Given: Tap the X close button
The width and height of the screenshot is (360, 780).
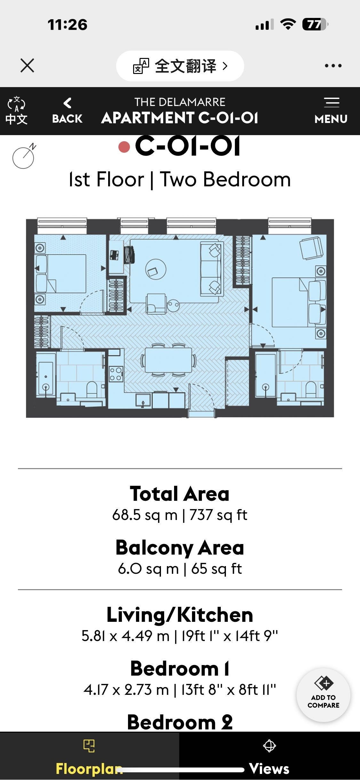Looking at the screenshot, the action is click(x=27, y=65).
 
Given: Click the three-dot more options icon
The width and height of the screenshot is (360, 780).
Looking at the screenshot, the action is click(x=333, y=66).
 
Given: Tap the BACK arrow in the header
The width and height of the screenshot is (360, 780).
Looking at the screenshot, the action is click(x=67, y=103).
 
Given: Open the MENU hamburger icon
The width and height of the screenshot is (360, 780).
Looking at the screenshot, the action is click(x=332, y=102).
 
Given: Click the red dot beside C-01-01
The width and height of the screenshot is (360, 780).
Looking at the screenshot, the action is click(x=124, y=147).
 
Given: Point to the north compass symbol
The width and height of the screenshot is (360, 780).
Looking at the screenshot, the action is click(x=24, y=156).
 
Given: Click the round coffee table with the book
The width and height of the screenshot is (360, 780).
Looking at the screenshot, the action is click(x=156, y=269).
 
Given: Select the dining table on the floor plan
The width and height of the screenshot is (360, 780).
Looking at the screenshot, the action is click(x=168, y=360).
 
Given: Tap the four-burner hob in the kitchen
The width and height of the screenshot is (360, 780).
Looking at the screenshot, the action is click(x=116, y=374).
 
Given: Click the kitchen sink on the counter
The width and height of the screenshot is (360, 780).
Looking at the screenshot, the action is click(x=143, y=400).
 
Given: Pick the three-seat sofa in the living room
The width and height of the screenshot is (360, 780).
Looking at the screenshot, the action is click(x=211, y=268).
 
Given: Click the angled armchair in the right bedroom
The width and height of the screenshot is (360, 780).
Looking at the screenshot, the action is click(x=311, y=248).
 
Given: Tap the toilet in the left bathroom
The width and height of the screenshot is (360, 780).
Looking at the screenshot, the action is click(x=92, y=388).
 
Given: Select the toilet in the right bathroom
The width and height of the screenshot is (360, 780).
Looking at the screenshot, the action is click(x=311, y=388).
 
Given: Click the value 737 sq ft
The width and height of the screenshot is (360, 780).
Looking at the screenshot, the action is click(x=218, y=515).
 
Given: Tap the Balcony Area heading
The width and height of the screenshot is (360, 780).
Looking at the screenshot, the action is click(x=180, y=548).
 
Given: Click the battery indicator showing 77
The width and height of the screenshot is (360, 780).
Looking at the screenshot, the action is click(x=315, y=24).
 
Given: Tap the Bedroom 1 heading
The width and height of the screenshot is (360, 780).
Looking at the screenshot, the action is click(x=180, y=669).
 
